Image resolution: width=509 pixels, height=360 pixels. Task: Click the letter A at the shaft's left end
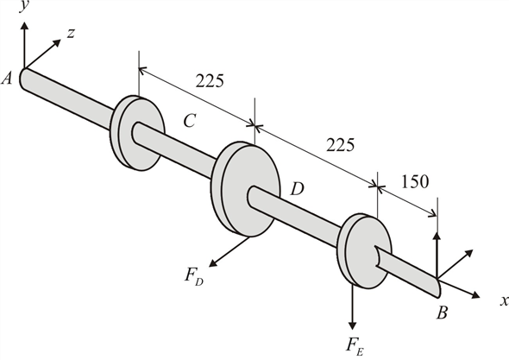tap(8, 79)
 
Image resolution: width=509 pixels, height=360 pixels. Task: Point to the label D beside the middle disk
tap(297, 187)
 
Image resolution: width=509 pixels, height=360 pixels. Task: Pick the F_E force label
tap(354, 346)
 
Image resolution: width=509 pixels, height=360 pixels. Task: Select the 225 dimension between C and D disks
tap(211, 82)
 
